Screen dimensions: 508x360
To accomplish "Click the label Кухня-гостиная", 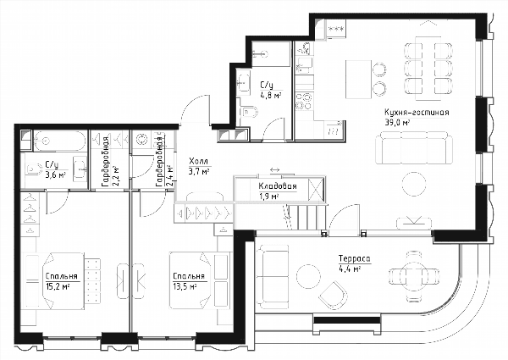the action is (417, 113).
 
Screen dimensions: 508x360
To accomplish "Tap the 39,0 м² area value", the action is (398, 123).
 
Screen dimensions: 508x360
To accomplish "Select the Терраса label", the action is (354, 258).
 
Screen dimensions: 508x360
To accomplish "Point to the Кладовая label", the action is (278, 186).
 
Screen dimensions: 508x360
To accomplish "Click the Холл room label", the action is (198, 161).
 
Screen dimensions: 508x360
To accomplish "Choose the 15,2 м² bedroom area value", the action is (58, 286).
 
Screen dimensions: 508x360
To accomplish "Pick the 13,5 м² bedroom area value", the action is (185, 286).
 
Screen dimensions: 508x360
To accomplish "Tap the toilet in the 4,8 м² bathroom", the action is (250, 113).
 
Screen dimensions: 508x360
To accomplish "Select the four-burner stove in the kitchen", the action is (304, 101).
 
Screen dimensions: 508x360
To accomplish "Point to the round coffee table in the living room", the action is (414, 184).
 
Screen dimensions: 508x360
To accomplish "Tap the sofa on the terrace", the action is (272, 274).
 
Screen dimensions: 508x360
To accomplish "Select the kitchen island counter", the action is (358, 80).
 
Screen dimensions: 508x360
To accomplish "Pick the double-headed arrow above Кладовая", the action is (274, 169).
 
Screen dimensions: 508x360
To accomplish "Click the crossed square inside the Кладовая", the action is (316, 189).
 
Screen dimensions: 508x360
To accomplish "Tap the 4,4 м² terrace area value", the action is (350, 269).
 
